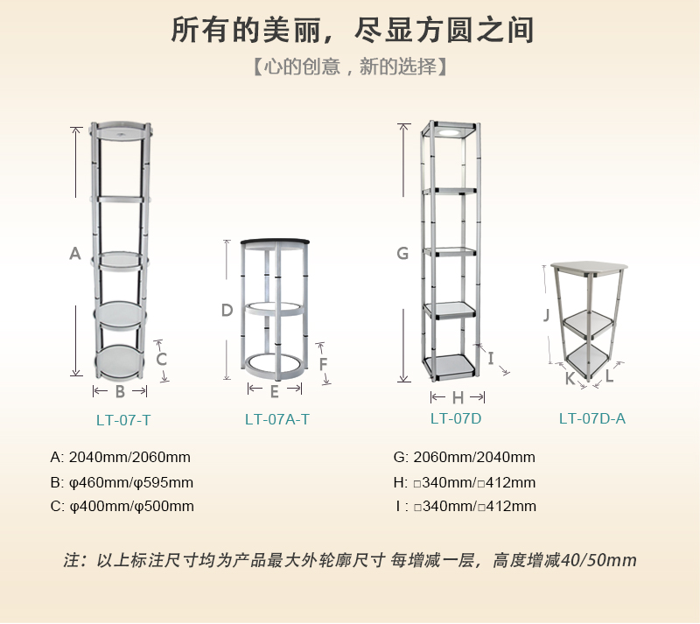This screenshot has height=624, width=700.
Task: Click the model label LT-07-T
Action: (123, 420)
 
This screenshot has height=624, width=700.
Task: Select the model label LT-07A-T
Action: (276, 419)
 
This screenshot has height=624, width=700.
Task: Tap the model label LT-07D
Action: (456, 418)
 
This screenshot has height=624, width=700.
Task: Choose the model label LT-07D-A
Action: (592, 418)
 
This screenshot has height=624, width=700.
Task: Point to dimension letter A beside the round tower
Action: (75, 253)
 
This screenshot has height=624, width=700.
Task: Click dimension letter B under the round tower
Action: (120, 392)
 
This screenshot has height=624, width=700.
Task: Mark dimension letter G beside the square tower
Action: (402, 253)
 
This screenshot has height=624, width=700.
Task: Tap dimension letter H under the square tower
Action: (458, 397)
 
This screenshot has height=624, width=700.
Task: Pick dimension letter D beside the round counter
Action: (227, 310)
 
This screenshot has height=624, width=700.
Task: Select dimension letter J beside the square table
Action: (546, 314)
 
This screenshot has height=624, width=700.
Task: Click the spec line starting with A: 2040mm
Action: (121, 457)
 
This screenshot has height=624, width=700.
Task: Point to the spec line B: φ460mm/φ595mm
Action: (122, 482)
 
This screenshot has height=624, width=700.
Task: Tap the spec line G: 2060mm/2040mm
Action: (465, 457)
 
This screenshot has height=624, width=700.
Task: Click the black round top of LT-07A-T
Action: (275, 242)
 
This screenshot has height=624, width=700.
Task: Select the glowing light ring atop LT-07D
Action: (451, 132)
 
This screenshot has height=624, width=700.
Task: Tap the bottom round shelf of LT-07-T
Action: (120, 361)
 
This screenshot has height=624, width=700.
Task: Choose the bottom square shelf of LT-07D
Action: (449, 364)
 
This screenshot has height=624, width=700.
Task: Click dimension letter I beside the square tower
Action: (491, 358)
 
